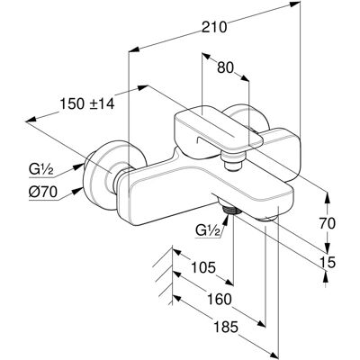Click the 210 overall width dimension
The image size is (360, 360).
click(214, 27)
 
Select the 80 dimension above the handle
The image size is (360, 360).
click(225, 68)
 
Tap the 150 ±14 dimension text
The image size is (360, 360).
click(87, 104)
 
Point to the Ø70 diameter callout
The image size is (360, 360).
click(43, 193)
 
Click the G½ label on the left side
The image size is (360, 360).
click(41, 170)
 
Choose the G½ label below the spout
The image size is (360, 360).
click(208, 230)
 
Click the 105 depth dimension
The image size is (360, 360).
click(203, 267)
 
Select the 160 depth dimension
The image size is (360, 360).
click(220, 299)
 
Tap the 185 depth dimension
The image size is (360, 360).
click(225, 327)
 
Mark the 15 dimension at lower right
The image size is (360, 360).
click(327, 263)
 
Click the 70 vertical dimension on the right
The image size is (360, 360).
click(327, 224)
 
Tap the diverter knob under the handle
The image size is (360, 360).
click(233, 161)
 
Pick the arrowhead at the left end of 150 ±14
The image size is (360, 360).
click(31, 120)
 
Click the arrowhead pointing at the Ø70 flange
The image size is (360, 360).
click(79, 190)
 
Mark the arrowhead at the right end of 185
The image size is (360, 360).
click(274, 353)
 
